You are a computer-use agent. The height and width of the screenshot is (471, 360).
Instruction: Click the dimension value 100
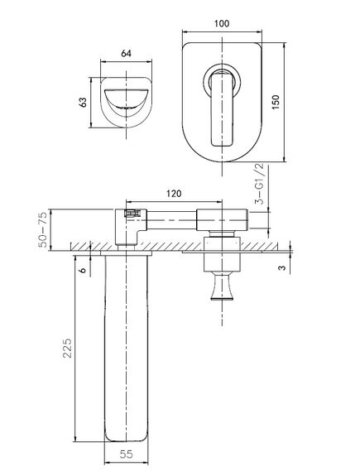tap(222, 23)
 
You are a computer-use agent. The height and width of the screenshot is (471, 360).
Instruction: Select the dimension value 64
tap(126, 54)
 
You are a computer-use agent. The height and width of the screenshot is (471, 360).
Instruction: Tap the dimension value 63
tap(83, 102)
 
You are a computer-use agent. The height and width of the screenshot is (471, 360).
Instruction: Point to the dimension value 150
tap(276, 102)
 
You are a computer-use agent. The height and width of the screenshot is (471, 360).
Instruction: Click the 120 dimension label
tap(174, 194)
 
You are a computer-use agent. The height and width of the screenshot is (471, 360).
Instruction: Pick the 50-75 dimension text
tap(43, 230)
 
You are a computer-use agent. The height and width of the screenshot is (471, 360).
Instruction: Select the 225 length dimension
tap(67, 348)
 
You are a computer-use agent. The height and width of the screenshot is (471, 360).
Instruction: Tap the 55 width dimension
tap(126, 454)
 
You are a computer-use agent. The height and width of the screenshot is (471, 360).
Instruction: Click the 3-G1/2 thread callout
tap(259, 184)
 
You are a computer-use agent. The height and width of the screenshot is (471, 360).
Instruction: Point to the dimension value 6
tap(82, 270)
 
